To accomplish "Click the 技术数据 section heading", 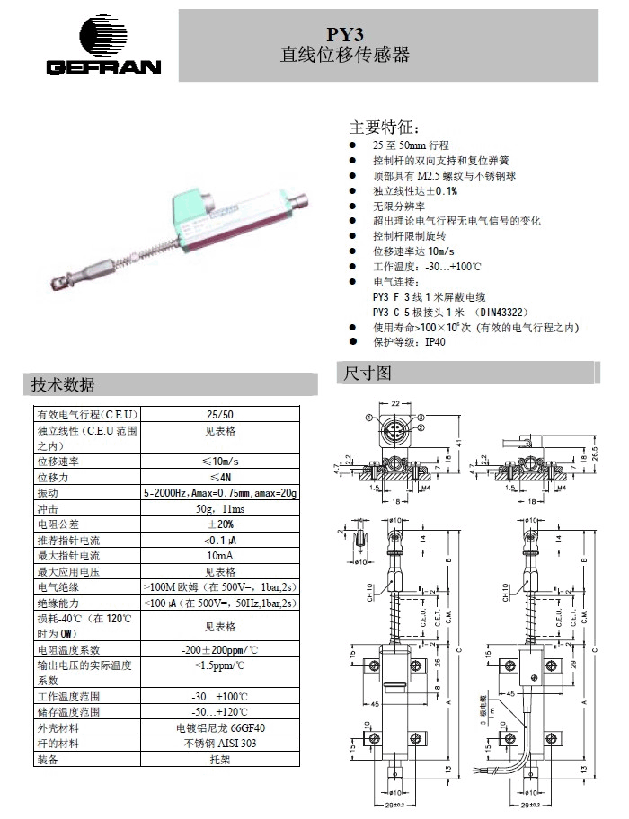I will [63, 385].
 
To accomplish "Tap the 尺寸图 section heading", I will [364, 372].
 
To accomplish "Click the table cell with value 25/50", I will [219, 414].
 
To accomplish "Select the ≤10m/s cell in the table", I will [219, 461].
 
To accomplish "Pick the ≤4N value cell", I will [219, 477].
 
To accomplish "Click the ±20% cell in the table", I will [219, 524].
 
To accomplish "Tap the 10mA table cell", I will [219, 556].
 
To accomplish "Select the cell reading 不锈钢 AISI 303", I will [219, 743].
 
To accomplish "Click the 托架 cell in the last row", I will [219, 759].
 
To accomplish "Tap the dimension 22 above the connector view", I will [394, 402].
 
